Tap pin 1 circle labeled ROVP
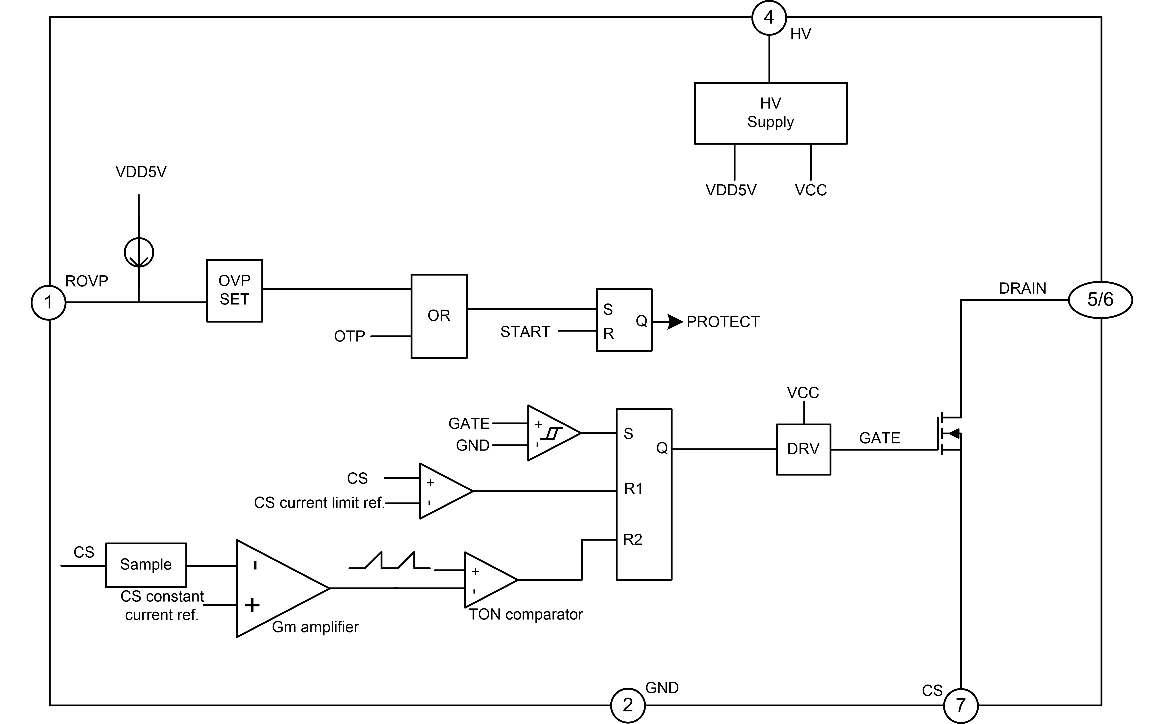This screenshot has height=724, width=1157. (x=48, y=302)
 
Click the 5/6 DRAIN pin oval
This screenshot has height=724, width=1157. (x=1100, y=300)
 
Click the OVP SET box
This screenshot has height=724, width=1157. (x=234, y=290)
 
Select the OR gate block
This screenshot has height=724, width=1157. (x=439, y=316)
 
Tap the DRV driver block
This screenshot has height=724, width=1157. (x=803, y=449)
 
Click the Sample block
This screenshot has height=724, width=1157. (x=146, y=565)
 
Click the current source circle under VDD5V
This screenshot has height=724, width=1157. (x=139, y=252)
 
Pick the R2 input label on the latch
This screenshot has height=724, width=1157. (x=632, y=540)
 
